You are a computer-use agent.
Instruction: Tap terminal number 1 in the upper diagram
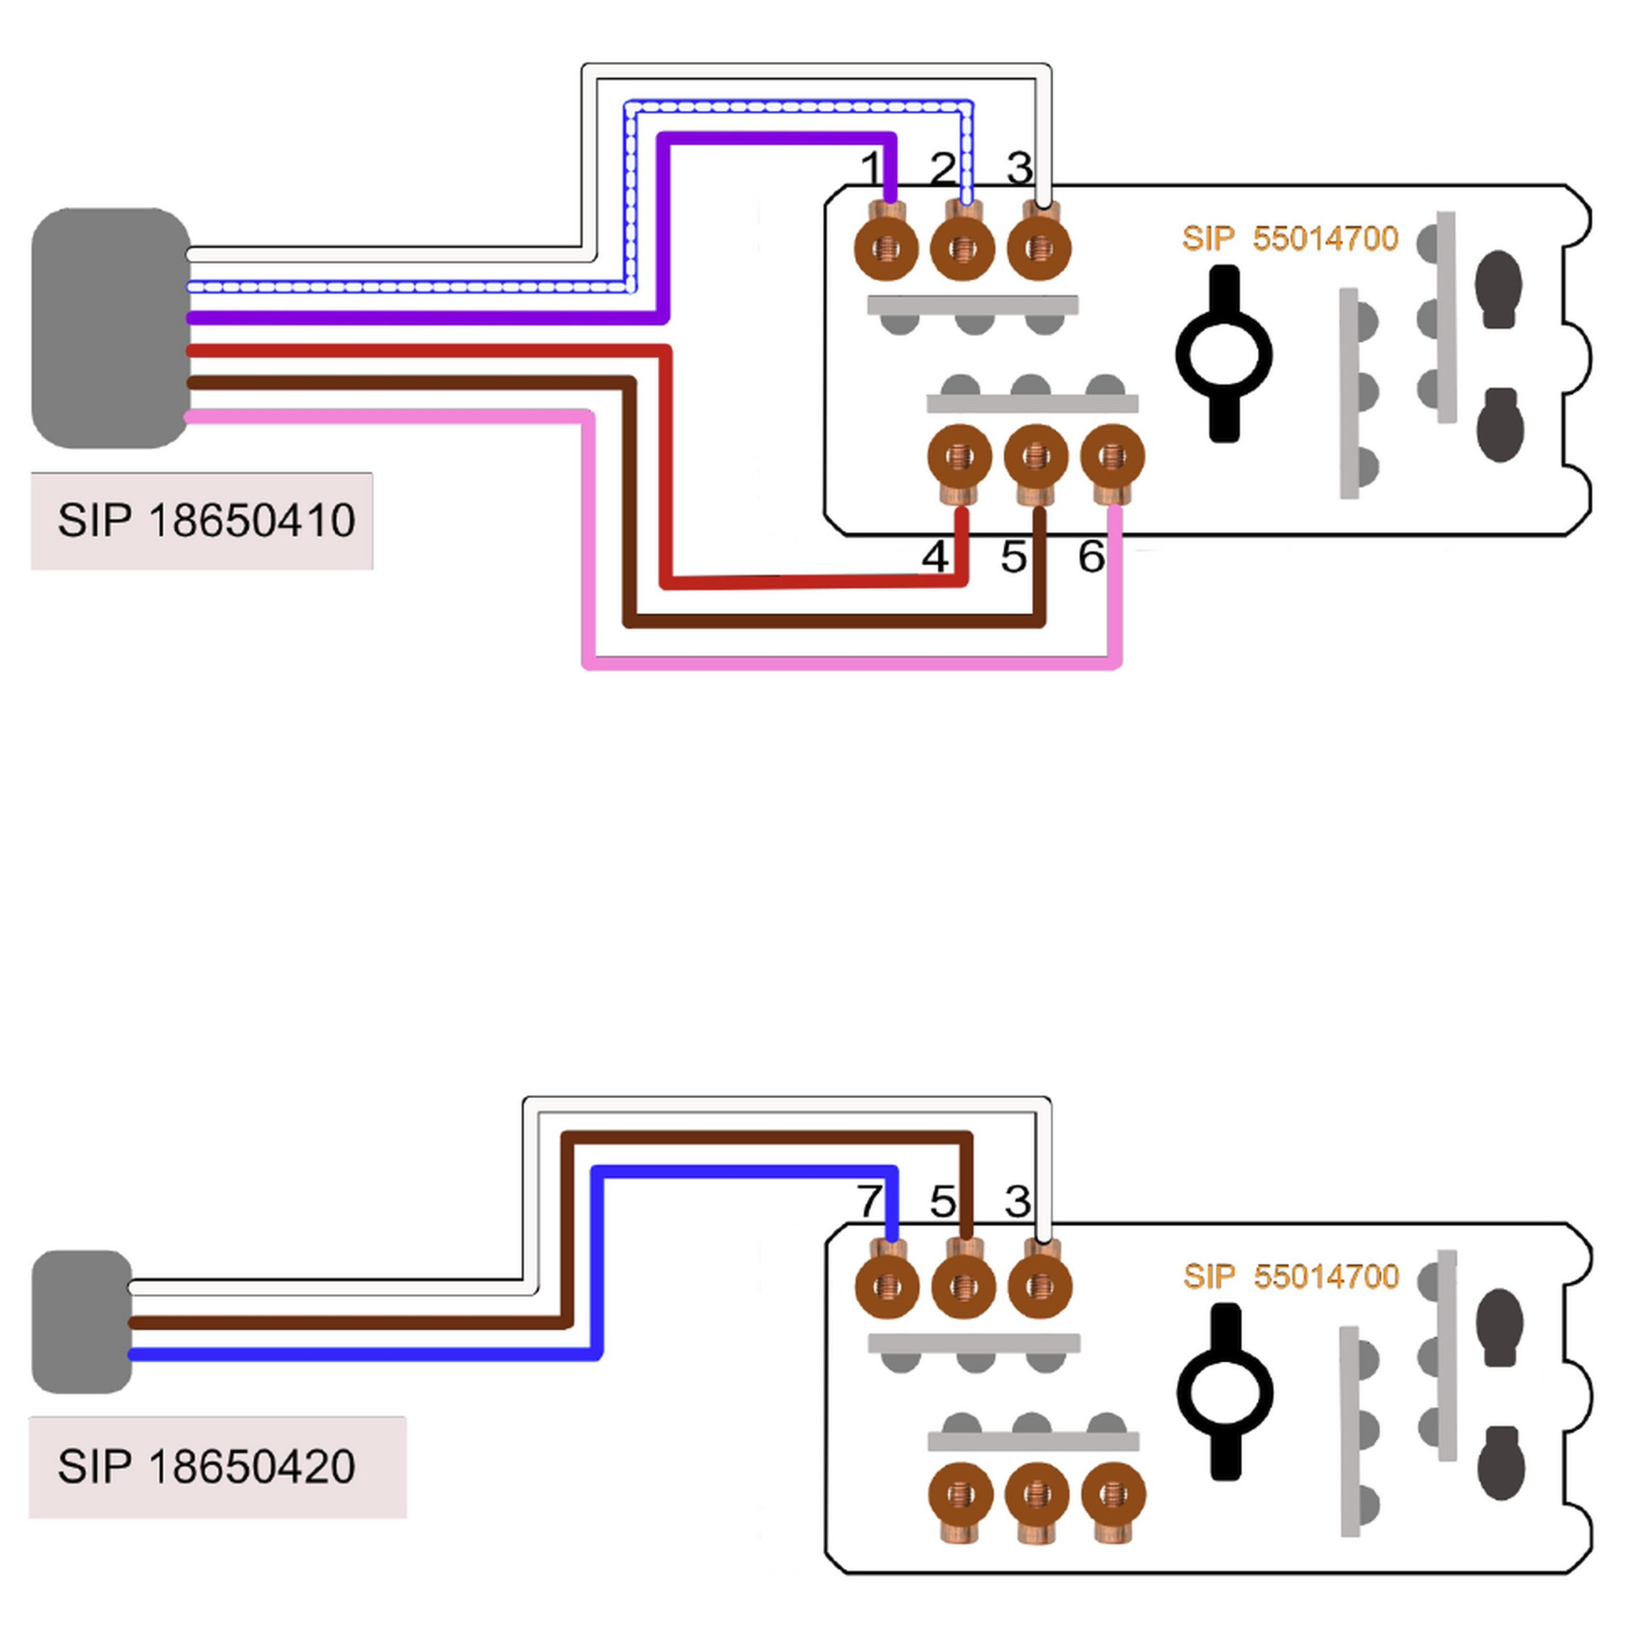click(871, 169)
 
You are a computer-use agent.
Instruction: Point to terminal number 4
click(935, 557)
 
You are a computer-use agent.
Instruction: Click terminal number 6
click(1092, 557)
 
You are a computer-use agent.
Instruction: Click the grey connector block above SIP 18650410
click(110, 328)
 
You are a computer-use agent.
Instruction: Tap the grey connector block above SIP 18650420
click(82, 1321)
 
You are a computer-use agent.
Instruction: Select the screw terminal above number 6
click(1113, 458)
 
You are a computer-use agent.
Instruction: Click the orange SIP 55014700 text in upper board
click(1290, 239)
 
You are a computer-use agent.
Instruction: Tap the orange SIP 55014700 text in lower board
click(1290, 1276)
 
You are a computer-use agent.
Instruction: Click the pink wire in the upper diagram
click(847, 662)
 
